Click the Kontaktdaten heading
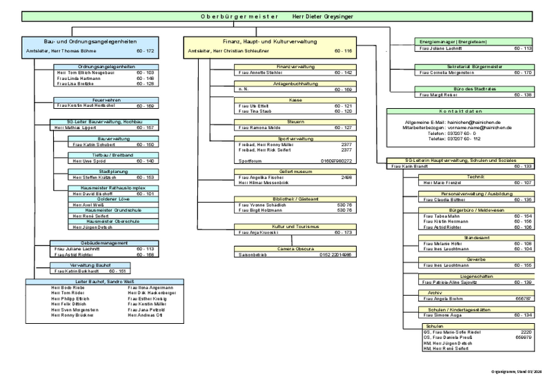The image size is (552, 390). [458, 111]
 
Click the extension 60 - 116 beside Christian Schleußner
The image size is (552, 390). [344, 52]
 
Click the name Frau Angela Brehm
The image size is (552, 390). [444, 300]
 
